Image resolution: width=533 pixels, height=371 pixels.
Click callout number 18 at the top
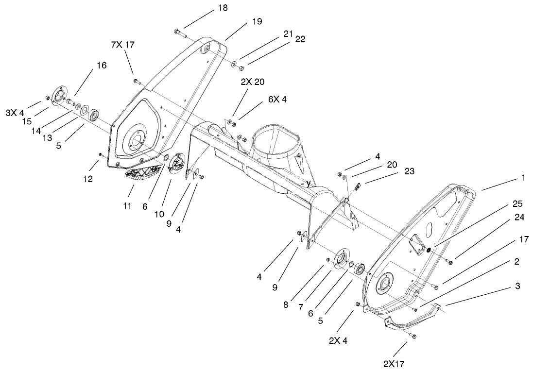pyautogui.click(x=222, y=8)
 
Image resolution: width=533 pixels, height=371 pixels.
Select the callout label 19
pyautogui.click(x=257, y=21)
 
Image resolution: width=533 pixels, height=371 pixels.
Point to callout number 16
pyautogui.click(x=102, y=65)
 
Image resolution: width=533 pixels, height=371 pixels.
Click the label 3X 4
pyautogui.click(x=15, y=113)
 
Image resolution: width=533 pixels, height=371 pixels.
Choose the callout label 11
pyautogui.click(x=127, y=206)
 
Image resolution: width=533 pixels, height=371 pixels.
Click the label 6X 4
pyautogui.click(x=277, y=100)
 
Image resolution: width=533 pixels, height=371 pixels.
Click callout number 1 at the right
pyautogui.click(x=523, y=178)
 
